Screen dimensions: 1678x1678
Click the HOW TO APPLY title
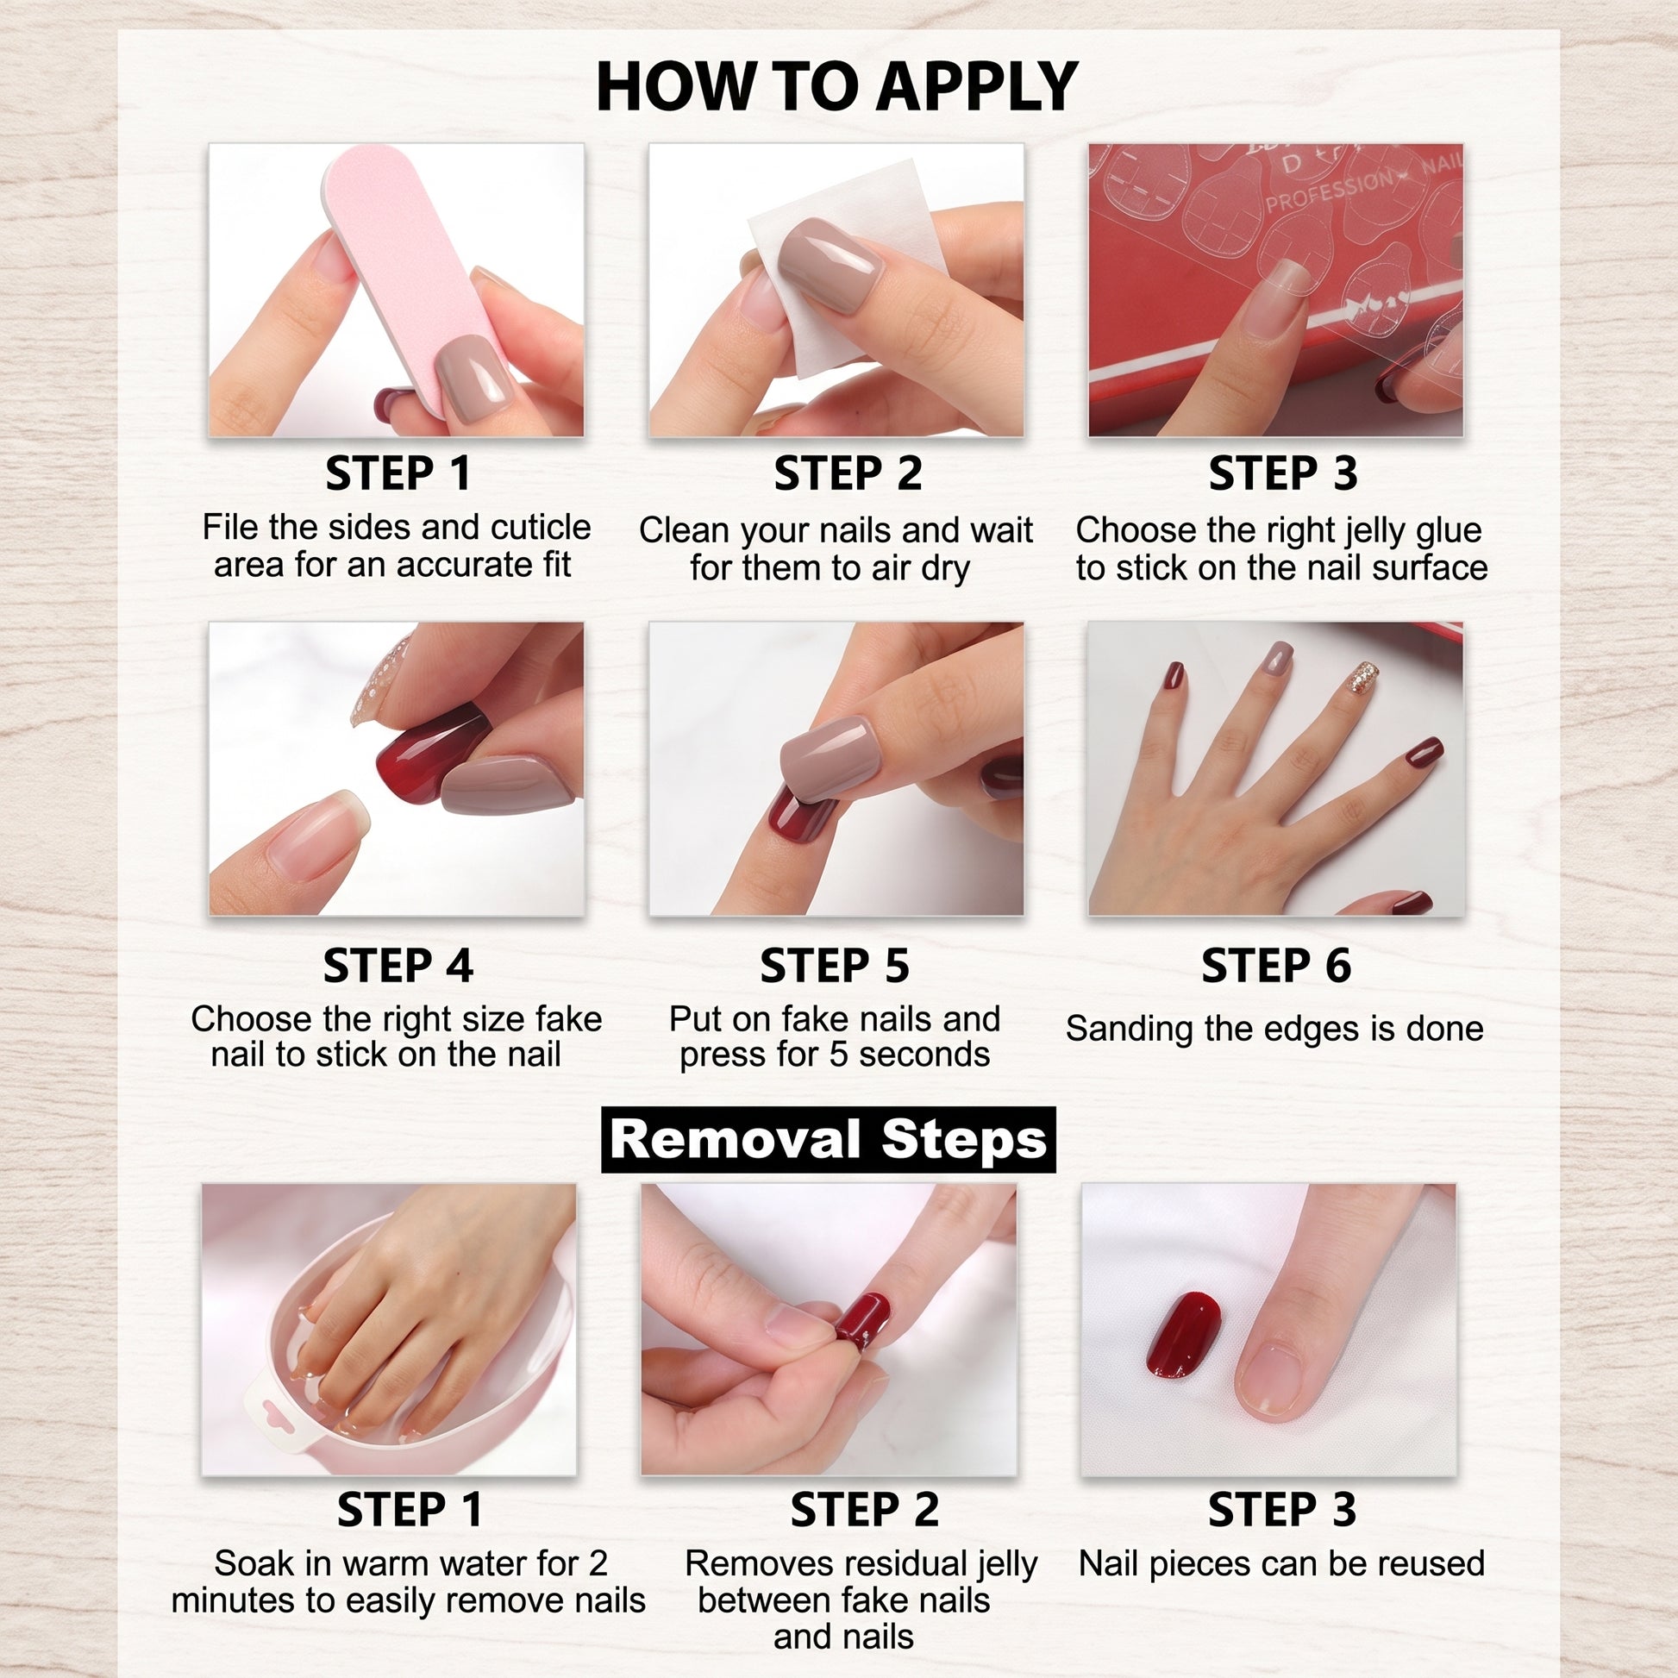coord(836,87)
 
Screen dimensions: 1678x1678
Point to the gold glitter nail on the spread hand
coord(1361,678)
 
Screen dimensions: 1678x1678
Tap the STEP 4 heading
coord(398,966)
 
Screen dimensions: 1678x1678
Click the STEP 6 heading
coord(1276,966)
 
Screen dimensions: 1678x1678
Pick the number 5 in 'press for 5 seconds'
coord(838,1055)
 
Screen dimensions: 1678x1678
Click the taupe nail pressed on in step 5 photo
coord(831,758)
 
